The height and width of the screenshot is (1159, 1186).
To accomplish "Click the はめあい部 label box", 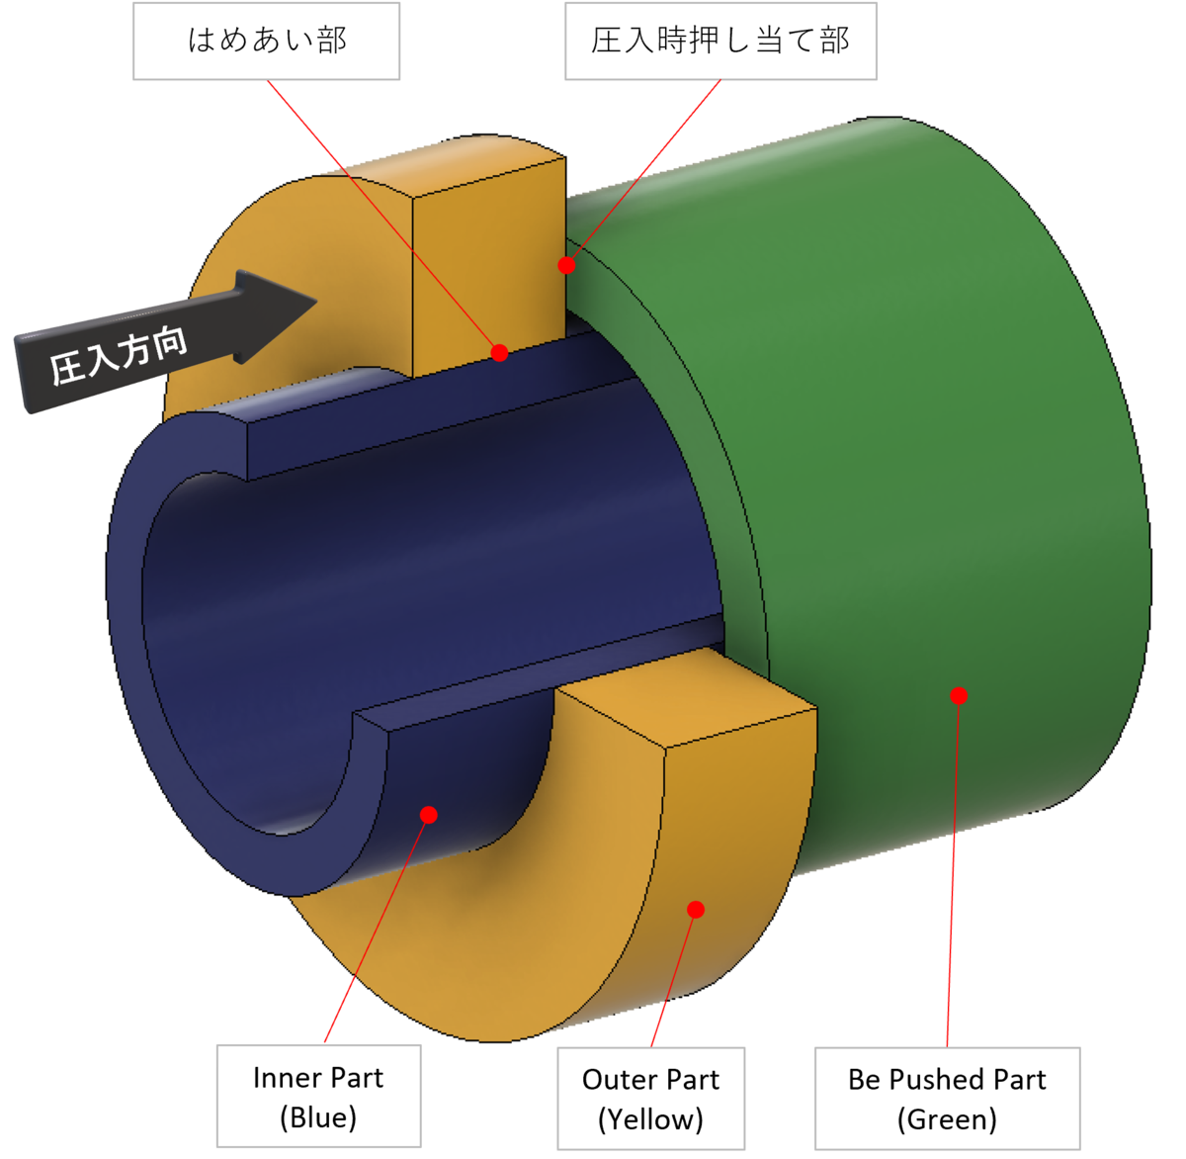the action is [x=267, y=41].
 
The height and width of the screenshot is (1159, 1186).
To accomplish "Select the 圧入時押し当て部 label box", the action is [x=720, y=41].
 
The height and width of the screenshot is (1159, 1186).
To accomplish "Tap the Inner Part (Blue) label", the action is [x=318, y=1097].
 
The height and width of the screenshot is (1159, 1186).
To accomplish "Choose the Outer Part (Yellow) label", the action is [x=650, y=1099].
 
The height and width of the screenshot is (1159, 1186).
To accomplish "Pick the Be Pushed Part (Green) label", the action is [x=947, y=1099].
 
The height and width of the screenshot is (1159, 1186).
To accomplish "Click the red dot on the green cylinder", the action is [x=958, y=695].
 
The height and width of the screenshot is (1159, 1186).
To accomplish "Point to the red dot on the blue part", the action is [x=428, y=814].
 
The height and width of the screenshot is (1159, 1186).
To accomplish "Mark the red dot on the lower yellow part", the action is [x=696, y=909].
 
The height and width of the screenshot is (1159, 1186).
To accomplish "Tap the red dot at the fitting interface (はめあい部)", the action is [x=499, y=352].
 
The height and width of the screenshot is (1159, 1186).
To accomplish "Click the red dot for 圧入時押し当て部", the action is [x=566, y=265].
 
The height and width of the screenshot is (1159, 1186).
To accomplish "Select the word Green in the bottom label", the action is [x=947, y=1119].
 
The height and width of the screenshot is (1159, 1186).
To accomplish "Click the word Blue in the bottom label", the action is [x=318, y=1117].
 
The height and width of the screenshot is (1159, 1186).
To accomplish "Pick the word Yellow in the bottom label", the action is [x=650, y=1119].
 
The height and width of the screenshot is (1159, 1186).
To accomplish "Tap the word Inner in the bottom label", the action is [x=283, y=1077].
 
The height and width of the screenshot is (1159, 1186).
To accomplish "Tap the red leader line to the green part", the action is [x=953, y=870].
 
